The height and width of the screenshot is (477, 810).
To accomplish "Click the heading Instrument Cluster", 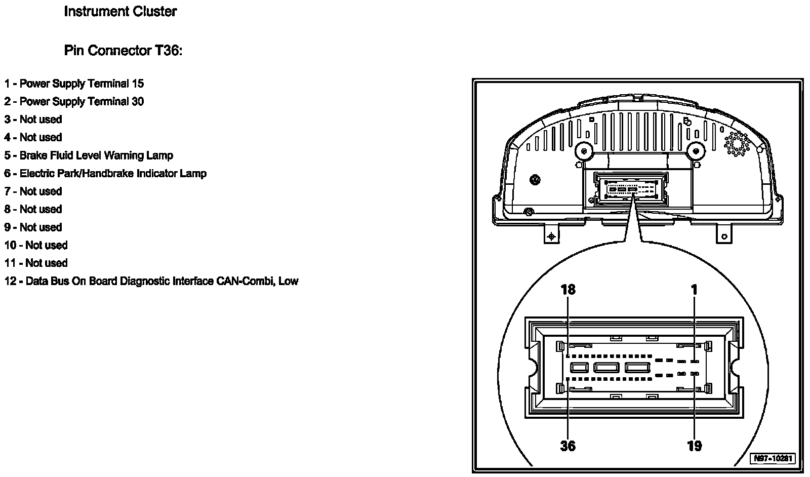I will pyautogui.click(x=120, y=12).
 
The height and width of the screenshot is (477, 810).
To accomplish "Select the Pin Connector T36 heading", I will pyautogui.click(x=123, y=51).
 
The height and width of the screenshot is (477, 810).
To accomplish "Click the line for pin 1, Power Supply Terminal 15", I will pyautogui.click(x=74, y=84).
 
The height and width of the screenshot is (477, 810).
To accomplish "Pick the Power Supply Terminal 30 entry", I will pyautogui.click(x=74, y=101).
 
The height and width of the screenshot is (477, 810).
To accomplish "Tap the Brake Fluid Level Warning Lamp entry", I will pyautogui.click(x=89, y=155).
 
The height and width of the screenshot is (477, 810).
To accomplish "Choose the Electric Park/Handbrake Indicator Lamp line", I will pyautogui.click(x=105, y=173).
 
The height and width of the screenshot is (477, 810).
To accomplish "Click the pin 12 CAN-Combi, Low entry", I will pyautogui.click(x=151, y=281).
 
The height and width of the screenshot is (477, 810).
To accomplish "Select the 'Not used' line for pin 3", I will pyautogui.click(x=33, y=120).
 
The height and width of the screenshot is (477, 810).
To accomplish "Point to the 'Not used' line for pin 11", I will pyautogui.click(x=36, y=263).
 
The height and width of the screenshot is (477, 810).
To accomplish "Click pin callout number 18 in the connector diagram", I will pyautogui.click(x=568, y=290).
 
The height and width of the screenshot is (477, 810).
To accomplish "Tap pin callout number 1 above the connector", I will pyautogui.click(x=695, y=290).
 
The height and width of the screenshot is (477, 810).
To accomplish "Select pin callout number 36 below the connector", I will pyautogui.click(x=568, y=446).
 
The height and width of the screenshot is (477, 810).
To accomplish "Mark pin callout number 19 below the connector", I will pyautogui.click(x=695, y=446).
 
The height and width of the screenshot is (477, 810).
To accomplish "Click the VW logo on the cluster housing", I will pyautogui.click(x=535, y=180).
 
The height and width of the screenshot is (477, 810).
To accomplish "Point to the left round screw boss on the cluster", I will pyautogui.click(x=584, y=151).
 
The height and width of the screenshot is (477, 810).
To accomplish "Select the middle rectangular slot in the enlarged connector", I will pyautogui.click(x=606, y=367).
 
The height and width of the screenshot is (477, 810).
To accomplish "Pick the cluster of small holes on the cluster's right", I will pyautogui.click(x=738, y=144).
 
